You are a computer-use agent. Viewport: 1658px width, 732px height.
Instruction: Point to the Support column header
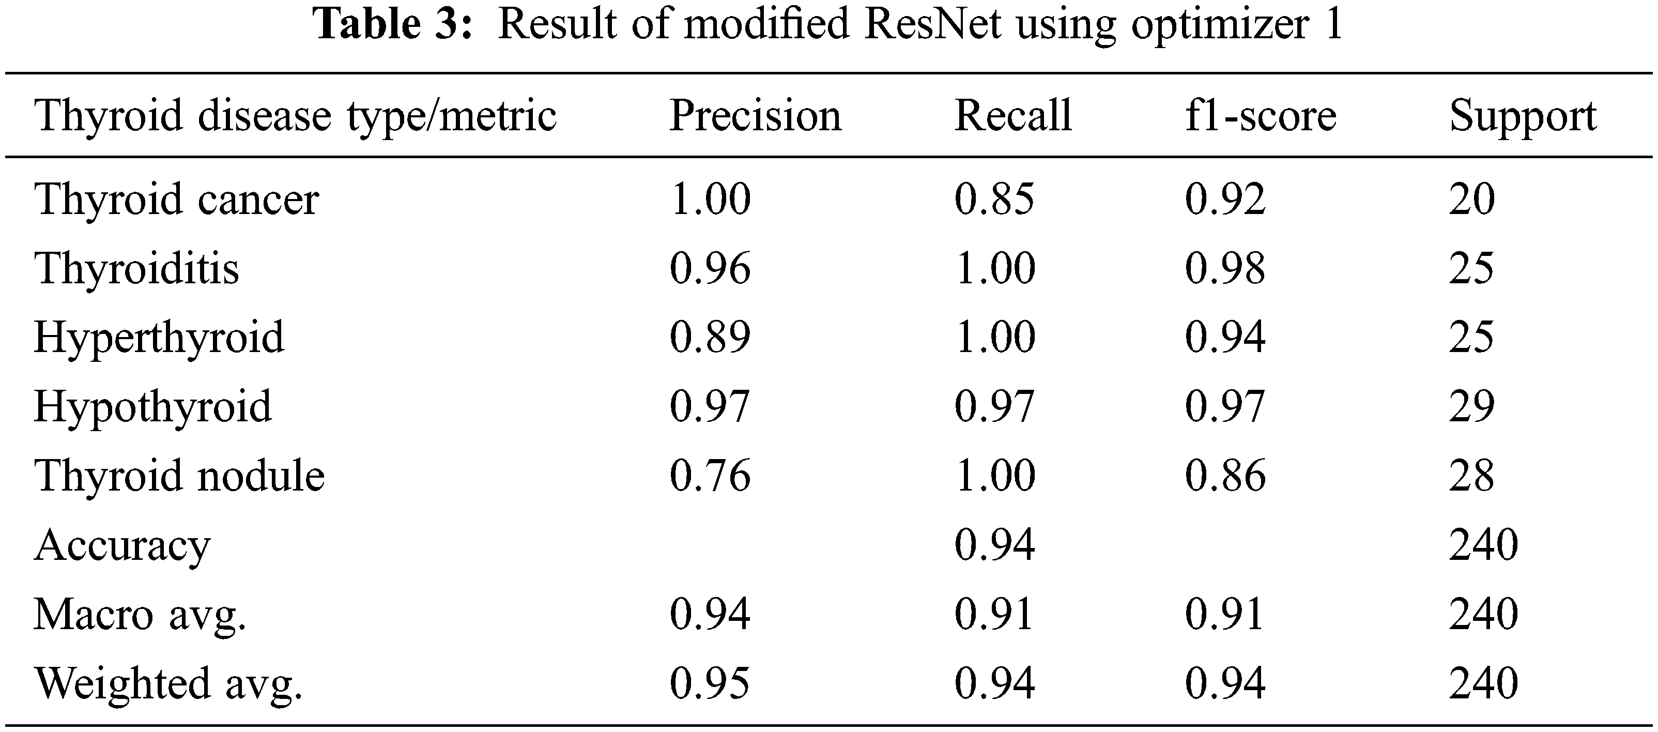1523,118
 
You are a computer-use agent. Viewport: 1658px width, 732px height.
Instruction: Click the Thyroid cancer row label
176,199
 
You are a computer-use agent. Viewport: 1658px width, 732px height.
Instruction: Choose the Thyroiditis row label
136,268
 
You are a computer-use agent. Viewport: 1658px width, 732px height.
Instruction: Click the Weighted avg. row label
168,684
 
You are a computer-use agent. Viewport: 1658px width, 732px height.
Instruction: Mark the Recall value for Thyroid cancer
994,199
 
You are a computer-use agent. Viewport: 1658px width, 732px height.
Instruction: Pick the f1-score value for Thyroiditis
1225,268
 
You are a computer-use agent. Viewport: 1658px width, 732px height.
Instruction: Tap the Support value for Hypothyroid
1471,407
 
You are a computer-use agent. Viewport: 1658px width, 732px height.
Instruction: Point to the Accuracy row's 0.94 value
994,545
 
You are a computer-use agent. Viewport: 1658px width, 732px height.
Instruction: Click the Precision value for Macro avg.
710,614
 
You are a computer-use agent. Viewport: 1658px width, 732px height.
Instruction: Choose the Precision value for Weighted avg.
710,684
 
